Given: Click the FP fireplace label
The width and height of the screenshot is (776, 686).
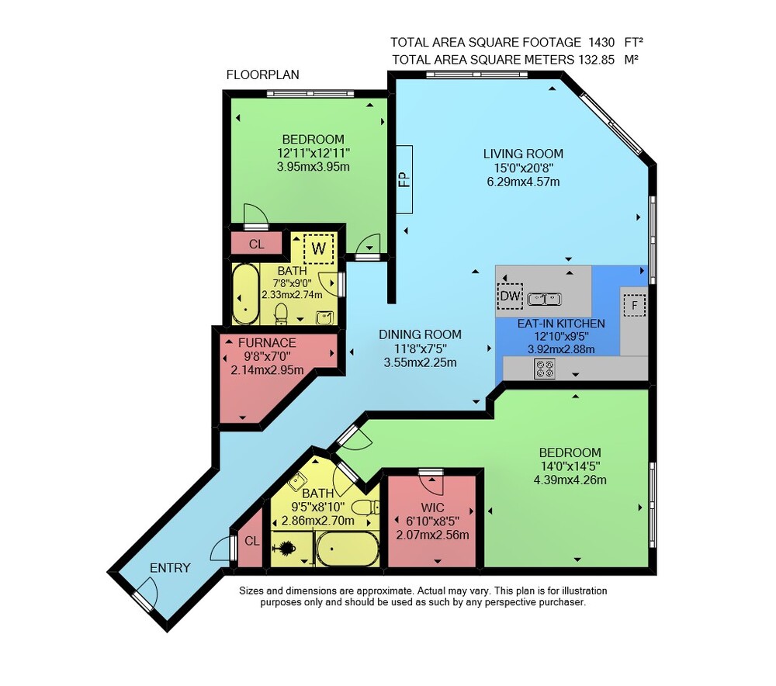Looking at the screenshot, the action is (405, 179).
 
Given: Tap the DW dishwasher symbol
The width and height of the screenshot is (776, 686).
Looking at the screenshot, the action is (510, 296).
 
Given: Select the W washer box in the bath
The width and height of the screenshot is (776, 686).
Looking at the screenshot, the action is (318, 248).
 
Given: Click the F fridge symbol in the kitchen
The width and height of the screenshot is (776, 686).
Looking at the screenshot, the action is (635, 305).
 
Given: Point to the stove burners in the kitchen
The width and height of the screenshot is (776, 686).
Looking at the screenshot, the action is (545, 369).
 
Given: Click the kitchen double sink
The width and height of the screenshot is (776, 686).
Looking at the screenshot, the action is (545, 299).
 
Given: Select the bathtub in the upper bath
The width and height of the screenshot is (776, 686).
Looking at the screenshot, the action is (245, 294).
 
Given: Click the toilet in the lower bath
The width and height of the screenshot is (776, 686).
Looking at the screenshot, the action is (365, 508).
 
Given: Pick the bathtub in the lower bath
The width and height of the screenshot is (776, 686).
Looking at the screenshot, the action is (348, 549).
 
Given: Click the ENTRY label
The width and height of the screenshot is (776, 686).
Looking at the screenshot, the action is (170, 568).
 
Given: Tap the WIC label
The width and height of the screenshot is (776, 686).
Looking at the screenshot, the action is (432, 508).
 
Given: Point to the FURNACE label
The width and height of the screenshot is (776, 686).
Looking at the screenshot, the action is (267, 342).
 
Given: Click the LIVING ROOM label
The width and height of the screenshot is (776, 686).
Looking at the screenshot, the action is (523, 154).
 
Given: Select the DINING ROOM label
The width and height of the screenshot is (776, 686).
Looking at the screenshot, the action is (420, 334).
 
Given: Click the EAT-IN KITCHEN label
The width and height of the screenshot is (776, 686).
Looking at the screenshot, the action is (561, 324).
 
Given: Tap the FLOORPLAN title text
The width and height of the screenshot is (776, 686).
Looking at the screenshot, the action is (263, 74).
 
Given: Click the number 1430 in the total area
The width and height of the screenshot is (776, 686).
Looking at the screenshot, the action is (601, 43).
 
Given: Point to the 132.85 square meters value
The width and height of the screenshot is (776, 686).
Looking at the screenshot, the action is (596, 60).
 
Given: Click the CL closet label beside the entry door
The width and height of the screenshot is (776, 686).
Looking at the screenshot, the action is (252, 541).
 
